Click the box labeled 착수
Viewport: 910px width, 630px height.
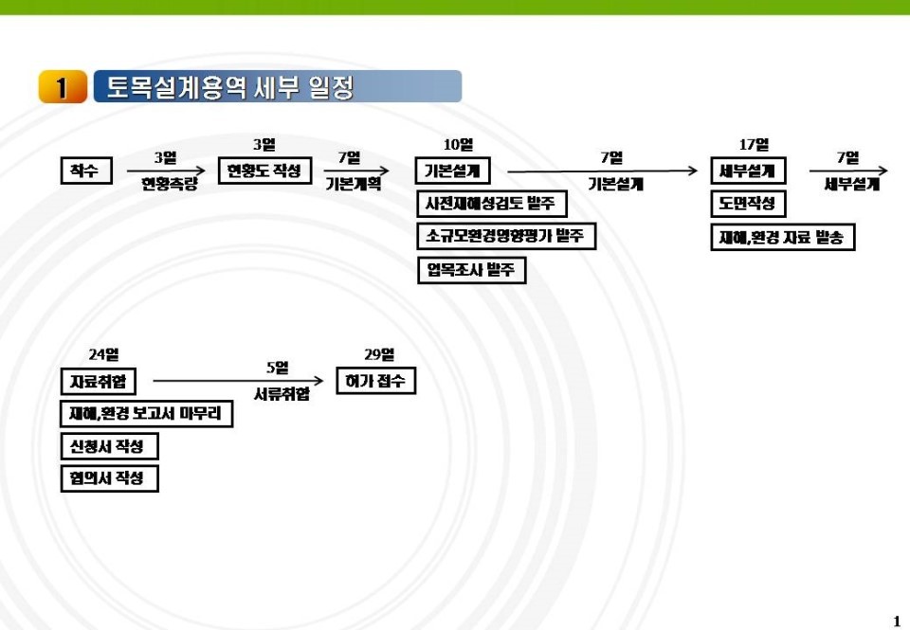tap(85, 171)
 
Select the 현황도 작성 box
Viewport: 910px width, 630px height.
tap(264, 171)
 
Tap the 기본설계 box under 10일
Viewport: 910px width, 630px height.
tap(452, 171)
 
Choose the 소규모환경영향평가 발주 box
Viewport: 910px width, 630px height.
tap(506, 236)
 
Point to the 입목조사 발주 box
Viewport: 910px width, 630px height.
tap(471, 270)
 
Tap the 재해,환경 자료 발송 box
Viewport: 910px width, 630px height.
tap(783, 237)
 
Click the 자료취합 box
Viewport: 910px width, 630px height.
tap(98, 382)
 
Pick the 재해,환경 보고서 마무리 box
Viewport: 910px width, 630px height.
tap(146, 414)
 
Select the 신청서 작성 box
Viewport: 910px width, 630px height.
tap(108, 446)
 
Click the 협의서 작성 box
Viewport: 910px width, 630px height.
tap(108, 478)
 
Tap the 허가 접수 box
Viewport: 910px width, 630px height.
tap(375, 381)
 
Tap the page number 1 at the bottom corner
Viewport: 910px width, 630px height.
tap(897, 621)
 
